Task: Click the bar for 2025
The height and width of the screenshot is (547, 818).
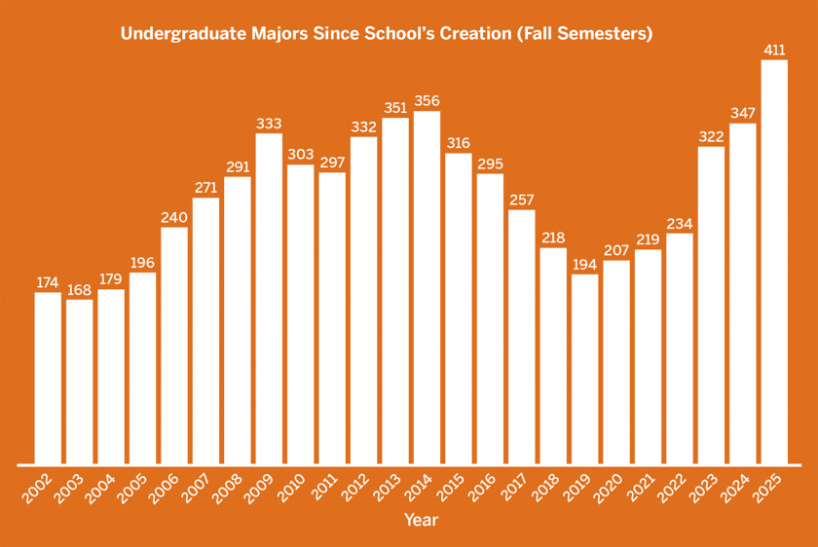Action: [x=774, y=262]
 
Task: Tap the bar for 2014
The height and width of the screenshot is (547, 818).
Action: [x=427, y=287]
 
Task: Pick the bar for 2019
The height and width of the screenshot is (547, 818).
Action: [x=585, y=369]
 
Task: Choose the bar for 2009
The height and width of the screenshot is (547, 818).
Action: [x=269, y=298]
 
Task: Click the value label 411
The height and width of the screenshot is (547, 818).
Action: [x=774, y=49]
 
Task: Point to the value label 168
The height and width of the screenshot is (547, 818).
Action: [x=79, y=288]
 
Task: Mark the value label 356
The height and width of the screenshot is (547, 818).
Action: [x=427, y=100]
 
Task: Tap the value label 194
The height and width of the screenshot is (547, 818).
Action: [x=585, y=264]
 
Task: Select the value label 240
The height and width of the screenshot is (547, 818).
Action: [x=174, y=216]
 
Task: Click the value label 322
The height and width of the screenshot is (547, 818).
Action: [x=711, y=136]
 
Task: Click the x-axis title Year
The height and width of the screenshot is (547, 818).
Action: [x=421, y=520]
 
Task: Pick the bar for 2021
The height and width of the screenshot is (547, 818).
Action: [x=648, y=356]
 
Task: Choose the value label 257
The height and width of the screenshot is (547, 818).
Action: [x=522, y=200]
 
